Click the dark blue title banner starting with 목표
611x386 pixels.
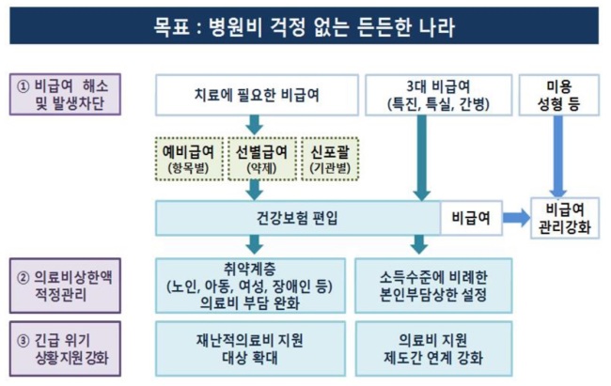coord(304,25)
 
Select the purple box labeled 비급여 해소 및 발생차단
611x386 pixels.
coord(65,94)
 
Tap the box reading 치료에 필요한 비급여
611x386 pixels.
coord(257,95)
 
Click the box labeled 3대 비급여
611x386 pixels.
coord(438,95)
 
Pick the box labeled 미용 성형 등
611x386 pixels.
coord(558,95)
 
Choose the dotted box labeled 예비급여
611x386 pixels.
coord(189,159)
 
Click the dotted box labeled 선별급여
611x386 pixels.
coord(262,159)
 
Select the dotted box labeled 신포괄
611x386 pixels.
coord(330,159)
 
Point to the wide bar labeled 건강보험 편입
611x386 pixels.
coord(298,218)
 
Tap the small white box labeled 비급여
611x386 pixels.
coord(471,218)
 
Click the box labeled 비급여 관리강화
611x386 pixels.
coord(565,218)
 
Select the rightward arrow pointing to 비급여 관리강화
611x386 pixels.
coord(517,218)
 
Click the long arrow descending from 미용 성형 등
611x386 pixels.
coord(558,157)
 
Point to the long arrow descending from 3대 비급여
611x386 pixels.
coord(422,158)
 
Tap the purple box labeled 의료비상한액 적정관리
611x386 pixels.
coord(65,286)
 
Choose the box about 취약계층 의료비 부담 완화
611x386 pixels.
coord(250,286)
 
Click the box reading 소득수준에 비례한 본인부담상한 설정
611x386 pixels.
coord(433,286)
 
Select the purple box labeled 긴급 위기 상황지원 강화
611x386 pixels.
coord(65,348)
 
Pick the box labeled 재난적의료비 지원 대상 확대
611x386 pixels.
coord(250,348)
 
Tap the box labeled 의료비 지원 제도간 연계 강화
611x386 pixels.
coord(433,348)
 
